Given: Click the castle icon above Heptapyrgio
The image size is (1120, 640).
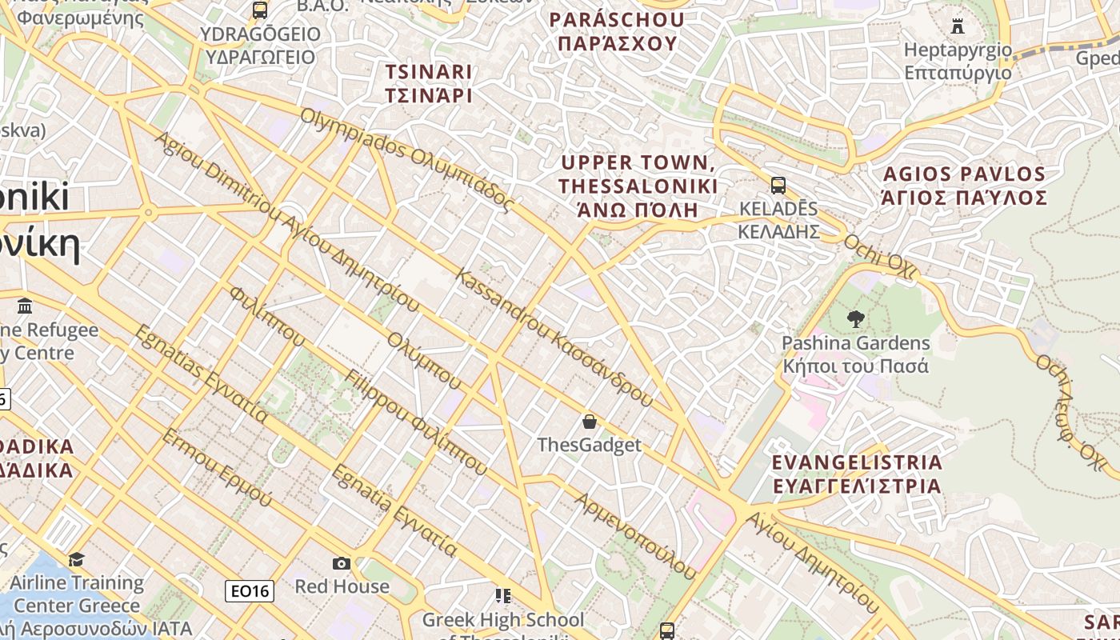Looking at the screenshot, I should click(958, 26).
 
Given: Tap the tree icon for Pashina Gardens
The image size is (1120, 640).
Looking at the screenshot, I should click(855, 319).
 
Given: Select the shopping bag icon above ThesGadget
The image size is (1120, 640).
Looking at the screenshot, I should click(590, 421).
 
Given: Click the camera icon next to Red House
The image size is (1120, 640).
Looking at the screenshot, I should click(342, 563).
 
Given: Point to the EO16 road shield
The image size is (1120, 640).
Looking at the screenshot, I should click(250, 591).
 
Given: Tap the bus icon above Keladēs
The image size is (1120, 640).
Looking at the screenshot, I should click(778, 186).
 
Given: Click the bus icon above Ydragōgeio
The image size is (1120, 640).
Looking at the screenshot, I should click(260, 10).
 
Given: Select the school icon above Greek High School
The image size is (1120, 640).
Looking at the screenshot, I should click(502, 596).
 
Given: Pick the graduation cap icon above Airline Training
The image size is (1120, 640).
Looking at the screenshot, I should click(77, 558).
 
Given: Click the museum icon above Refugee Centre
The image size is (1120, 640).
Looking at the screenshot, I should click(25, 306).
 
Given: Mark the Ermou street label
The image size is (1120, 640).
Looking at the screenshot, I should click(217, 467).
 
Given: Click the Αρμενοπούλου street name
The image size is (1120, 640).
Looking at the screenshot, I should click(636, 534).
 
